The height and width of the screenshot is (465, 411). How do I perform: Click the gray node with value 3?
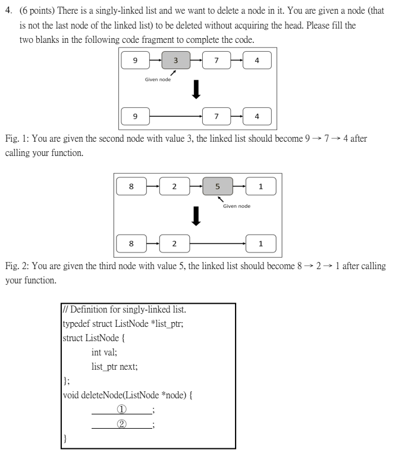pyautogui.click(x=175, y=60)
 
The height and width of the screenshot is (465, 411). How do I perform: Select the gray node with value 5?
pyautogui.click(x=217, y=186)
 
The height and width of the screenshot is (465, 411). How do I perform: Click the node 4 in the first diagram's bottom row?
pyautogui.click(x=256, y=116)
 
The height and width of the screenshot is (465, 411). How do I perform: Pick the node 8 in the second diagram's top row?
pyautogui.click(x=131, y=186)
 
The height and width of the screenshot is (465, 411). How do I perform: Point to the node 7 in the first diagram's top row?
pyautogui.click(x=217, y=60)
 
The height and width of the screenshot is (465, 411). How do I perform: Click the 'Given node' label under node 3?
pyautogui.click(x=158, y=80)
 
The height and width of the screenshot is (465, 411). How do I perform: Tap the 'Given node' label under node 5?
pyautogui.click(x=237, y=206)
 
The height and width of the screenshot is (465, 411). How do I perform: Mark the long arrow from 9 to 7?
pyautogui.click(x=176, y=116)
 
